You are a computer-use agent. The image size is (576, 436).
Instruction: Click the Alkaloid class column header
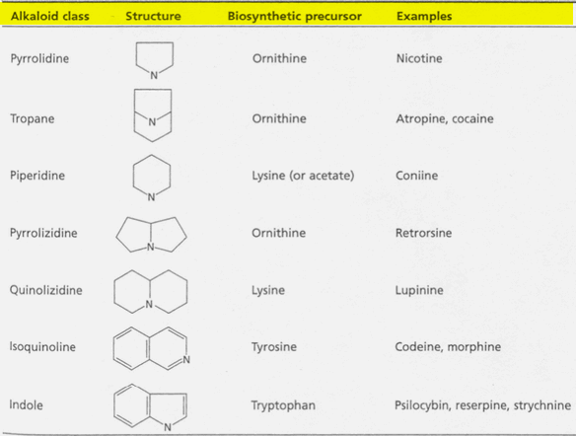(x=50, y=16)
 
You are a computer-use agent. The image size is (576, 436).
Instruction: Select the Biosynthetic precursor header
(x=295, y=16)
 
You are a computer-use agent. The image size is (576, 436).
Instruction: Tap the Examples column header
(x=424, y=16)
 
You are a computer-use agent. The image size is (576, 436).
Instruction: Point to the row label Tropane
(x=33, y=118)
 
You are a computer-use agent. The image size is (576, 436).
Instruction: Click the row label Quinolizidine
(x=46, y=290)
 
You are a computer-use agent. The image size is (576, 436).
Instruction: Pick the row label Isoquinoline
(x=42, y=347)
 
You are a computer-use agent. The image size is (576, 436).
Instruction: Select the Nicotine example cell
(x=419, y=58)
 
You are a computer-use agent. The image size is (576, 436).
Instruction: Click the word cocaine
(x=472, y=118)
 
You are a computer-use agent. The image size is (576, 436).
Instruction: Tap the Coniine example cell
(x=416, y=176)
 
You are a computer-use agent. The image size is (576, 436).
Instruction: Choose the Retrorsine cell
(x=423, y=233)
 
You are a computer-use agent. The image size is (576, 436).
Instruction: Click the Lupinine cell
(x=419, y=290)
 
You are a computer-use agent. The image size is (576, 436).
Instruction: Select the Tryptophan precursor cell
(x=283, y=405)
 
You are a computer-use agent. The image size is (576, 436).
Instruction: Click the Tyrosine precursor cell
(x=274, y=347)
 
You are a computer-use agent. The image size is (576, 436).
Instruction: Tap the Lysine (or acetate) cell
(x=303, y=176)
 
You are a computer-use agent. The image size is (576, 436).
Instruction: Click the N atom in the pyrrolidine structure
(x=154, y=75)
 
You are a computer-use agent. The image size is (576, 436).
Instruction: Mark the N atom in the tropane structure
(x=152, y=122)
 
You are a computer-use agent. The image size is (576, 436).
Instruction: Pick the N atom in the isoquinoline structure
(x=186, y=360)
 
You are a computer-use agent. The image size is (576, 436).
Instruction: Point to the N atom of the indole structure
(x=168, y=427)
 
